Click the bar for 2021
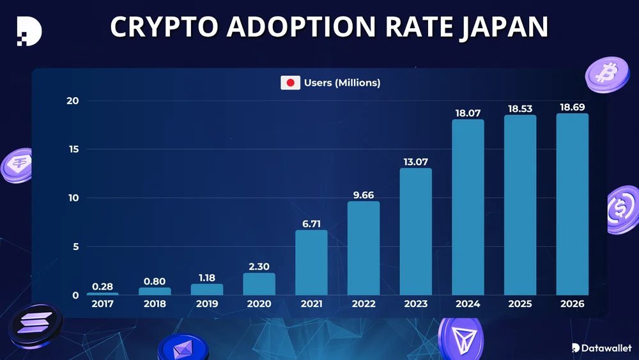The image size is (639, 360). point(311,263)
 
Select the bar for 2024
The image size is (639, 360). point(468,207)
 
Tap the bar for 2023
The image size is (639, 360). point(415,231)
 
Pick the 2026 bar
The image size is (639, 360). point(572,205)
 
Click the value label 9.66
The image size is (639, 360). point(364,194)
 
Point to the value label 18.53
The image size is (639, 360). point(520,109)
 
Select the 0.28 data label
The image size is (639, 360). point(102,285)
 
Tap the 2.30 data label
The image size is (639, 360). point(259,265)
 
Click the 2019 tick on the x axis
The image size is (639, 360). point(206,304)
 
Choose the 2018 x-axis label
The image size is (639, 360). point(155,304)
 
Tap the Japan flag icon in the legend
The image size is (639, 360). point(291,82)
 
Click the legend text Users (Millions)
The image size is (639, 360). point(342,82)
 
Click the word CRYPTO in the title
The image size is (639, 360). point(164,27)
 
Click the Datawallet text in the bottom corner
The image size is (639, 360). point(604,347)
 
